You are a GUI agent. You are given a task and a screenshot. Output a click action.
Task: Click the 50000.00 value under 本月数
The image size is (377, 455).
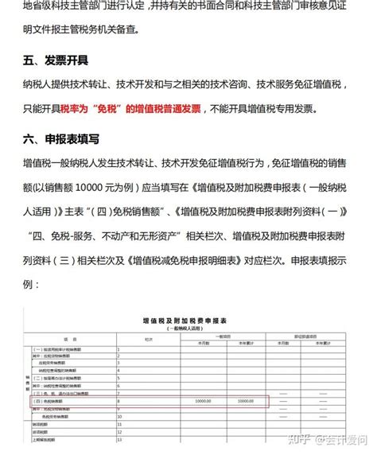202,400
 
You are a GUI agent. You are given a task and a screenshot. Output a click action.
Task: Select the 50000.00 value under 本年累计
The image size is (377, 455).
246,400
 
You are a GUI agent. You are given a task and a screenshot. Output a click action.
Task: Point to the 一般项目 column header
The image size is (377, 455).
224,334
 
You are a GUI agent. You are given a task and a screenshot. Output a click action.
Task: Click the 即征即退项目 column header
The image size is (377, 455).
310,334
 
